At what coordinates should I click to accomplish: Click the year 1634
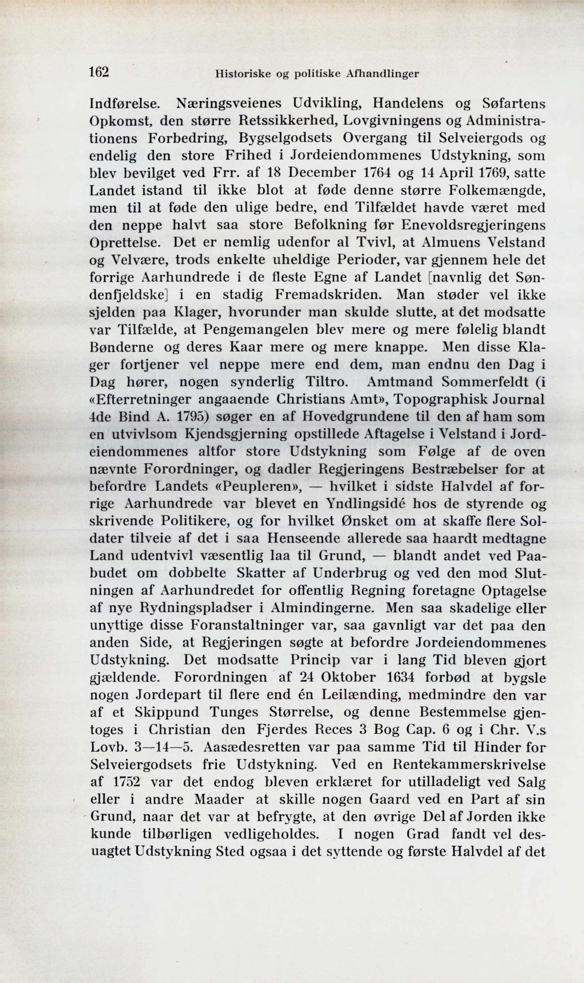401,678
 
